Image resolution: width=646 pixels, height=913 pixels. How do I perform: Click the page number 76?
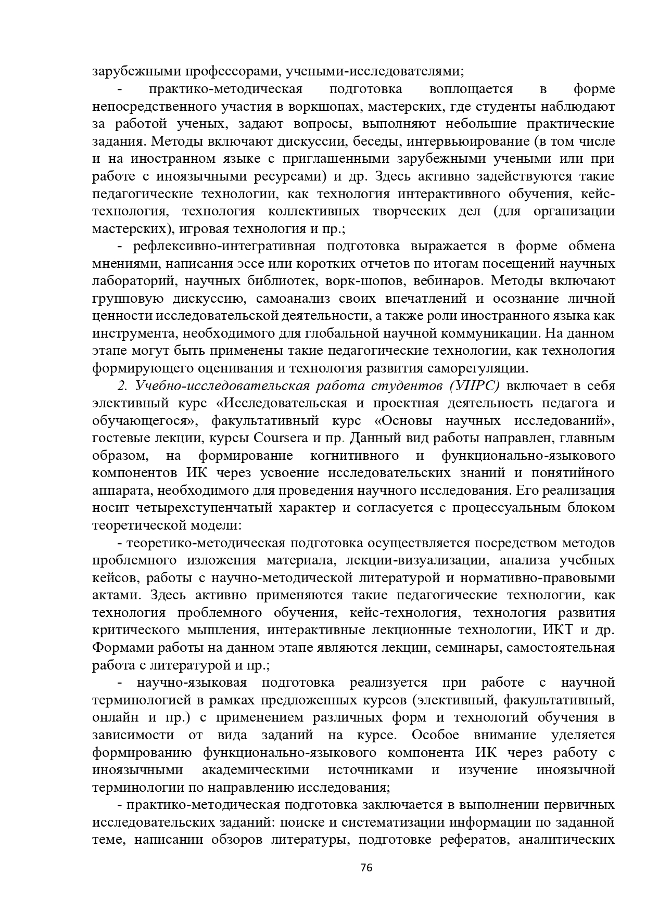click(x=366, y=867)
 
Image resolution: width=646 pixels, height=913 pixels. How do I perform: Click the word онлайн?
click(x=116, y=717)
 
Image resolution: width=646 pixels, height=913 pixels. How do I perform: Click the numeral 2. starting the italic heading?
click(x=123, y=385)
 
